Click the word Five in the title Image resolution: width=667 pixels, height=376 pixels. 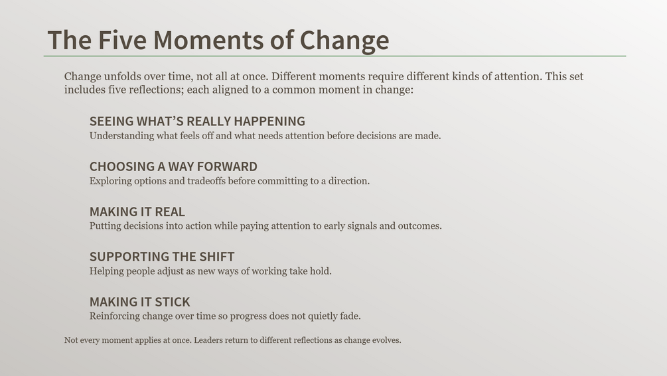click(x=123, y=40)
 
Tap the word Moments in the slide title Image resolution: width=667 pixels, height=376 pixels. click(x=208, y=40)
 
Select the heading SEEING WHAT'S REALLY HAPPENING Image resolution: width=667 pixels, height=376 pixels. click(x=197, y=121)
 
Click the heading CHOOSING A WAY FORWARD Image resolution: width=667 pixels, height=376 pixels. click(x=173, y=166)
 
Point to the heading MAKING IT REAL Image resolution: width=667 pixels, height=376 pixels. click(x=137, y=212)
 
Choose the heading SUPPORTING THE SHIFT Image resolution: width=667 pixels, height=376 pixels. click(x=162, y=257)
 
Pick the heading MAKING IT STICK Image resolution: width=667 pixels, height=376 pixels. click(x=139, y=302)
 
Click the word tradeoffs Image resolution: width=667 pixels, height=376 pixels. click(x=206, y=180)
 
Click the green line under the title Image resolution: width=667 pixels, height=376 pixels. click(x=334, y=56)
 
